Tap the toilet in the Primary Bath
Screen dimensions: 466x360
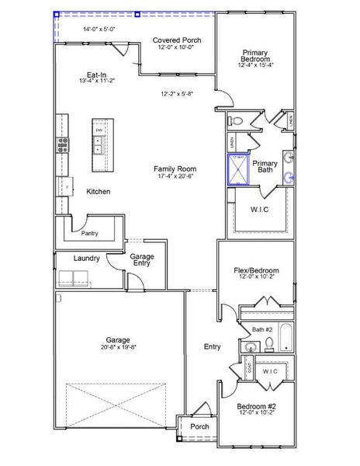click(x=237, y=120)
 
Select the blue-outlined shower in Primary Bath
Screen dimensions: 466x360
click(x=237, y=168)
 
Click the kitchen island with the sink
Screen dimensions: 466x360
click(x=100, y=146)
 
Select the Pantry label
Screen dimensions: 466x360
click(x=90, y=232)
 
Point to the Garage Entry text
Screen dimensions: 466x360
click(x=141, y=260)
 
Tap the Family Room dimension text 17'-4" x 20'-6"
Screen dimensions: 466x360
click(x=174, y=178)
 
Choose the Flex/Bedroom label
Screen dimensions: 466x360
click(x=256, y=271)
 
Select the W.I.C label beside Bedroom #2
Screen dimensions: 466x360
click(x=270, y=372)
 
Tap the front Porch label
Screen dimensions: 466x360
click(x=199, y=426)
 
